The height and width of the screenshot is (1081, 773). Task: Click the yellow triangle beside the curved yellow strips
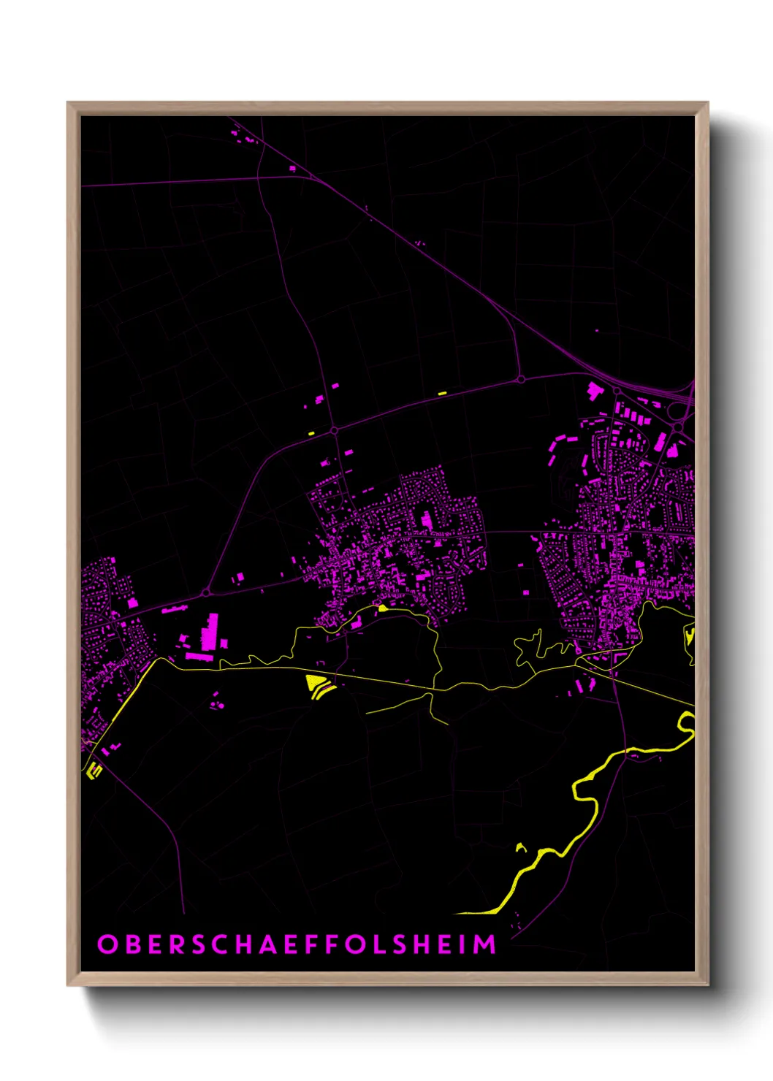tap(316, 683)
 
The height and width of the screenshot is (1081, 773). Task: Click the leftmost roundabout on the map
tap(206, 592)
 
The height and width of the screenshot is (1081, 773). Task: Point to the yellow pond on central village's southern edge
tap(382, 608)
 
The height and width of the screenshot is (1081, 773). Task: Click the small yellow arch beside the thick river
tap(521, 847)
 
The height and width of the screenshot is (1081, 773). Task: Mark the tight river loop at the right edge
tap(687, 722)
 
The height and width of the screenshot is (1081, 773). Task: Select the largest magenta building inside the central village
tap(425, 520)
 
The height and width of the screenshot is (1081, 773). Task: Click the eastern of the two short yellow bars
tap(441, 394)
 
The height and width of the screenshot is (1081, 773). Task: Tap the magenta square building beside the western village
tap(133, 603)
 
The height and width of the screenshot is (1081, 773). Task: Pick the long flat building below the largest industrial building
tap(199, 657)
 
